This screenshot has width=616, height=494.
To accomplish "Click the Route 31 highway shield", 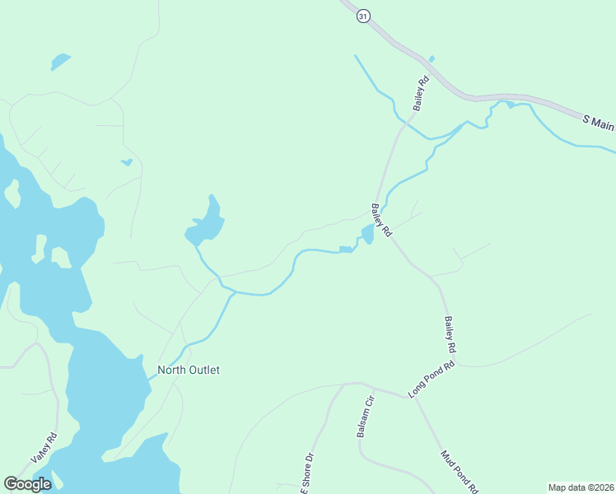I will pos(362,16).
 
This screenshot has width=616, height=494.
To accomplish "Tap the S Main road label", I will pos(599,120).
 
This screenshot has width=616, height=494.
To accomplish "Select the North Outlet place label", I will pos(189,370).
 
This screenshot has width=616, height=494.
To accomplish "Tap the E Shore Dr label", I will pos(306,473).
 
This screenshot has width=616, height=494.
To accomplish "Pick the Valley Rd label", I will pos(43,448).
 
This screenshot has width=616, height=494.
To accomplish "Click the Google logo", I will pos(27,484).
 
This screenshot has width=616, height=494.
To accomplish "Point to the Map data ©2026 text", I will pos(581,487).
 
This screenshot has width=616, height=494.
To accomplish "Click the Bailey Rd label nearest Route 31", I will pos(422,94).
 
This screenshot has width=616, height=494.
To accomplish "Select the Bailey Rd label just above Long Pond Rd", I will pos(450,335).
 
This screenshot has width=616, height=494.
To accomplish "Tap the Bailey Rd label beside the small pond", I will pos(380,221).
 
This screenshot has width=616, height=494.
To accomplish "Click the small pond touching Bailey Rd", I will pos(367,235).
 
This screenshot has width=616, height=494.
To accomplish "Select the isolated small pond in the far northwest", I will pos(60,62).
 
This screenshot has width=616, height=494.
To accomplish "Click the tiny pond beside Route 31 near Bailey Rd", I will pos(432,58).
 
